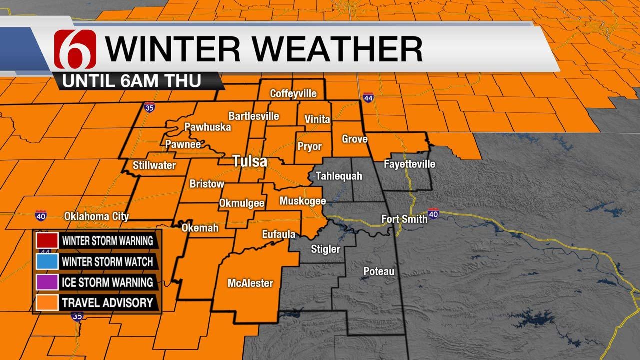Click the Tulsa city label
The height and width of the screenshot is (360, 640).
pos(249,162)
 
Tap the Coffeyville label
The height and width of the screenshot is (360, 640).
pos(293,93)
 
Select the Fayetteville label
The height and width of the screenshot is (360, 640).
pos(409,164)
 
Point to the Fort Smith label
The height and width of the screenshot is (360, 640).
pos(404,219)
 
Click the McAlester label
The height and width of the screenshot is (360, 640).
pos(250,283)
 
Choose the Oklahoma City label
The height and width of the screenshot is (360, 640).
pos(96,216)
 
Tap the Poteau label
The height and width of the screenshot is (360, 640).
pos(379,271)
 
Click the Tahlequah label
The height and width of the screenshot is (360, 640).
pos(338,176)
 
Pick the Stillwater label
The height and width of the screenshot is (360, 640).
pos(154,165)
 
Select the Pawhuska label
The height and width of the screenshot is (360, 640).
pos(207,127)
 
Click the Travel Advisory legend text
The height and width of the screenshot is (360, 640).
pos(107,302)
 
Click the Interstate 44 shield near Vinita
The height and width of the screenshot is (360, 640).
pos(368,98)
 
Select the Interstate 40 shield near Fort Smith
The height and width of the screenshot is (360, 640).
pos(433,213)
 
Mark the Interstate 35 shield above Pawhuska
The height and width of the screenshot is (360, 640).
pos(149,108)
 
